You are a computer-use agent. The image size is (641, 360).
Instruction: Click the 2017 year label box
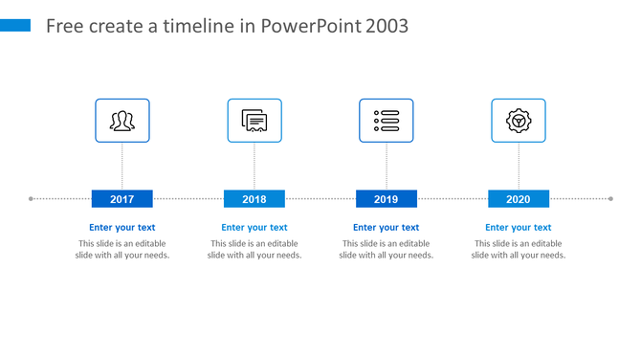122,199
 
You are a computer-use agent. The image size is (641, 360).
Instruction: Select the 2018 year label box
254,199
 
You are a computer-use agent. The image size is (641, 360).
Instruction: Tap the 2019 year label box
387,199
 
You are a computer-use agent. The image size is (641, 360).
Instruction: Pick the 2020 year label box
519,199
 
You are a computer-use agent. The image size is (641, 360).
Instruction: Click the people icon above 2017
122,121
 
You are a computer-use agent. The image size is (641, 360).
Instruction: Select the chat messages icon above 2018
254,121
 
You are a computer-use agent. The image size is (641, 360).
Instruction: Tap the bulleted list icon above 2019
387,121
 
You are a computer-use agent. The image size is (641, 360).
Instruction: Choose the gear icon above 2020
519,121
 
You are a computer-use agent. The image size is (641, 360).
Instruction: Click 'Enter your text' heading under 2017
122,228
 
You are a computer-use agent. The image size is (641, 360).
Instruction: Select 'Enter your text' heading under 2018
254,228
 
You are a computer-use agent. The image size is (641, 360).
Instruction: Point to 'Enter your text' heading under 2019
387,228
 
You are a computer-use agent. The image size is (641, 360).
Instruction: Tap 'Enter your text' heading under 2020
519,228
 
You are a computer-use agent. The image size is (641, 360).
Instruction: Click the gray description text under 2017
122,249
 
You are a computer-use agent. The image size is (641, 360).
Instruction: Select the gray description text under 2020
519,249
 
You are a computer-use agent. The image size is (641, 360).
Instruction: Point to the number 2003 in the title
387,26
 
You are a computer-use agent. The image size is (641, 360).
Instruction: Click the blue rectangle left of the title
15,25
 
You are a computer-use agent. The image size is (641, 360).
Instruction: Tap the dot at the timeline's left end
32,199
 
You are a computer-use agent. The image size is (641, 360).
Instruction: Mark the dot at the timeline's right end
610,199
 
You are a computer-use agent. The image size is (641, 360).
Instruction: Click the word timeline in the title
202,26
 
